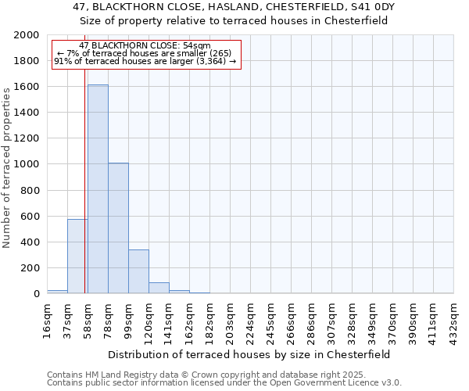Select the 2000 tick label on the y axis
[x=27, y=35]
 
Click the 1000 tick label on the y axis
[x=27, y=164]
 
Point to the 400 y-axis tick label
[x=30, y=242]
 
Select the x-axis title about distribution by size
[x=250, y=354]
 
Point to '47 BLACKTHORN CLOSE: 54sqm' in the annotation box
[x=145, y=46]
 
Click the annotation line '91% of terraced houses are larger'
[x=145, y=61]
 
